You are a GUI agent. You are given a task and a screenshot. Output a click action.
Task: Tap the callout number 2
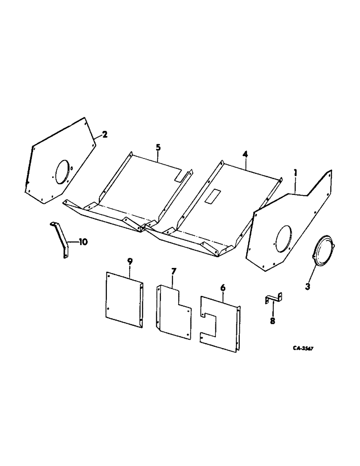(104, 135)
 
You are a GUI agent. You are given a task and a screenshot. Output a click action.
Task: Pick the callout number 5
(158, 148)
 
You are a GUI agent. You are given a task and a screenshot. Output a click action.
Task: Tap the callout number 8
(273, 321)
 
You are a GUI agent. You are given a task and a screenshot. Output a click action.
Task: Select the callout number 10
(83, 242)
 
